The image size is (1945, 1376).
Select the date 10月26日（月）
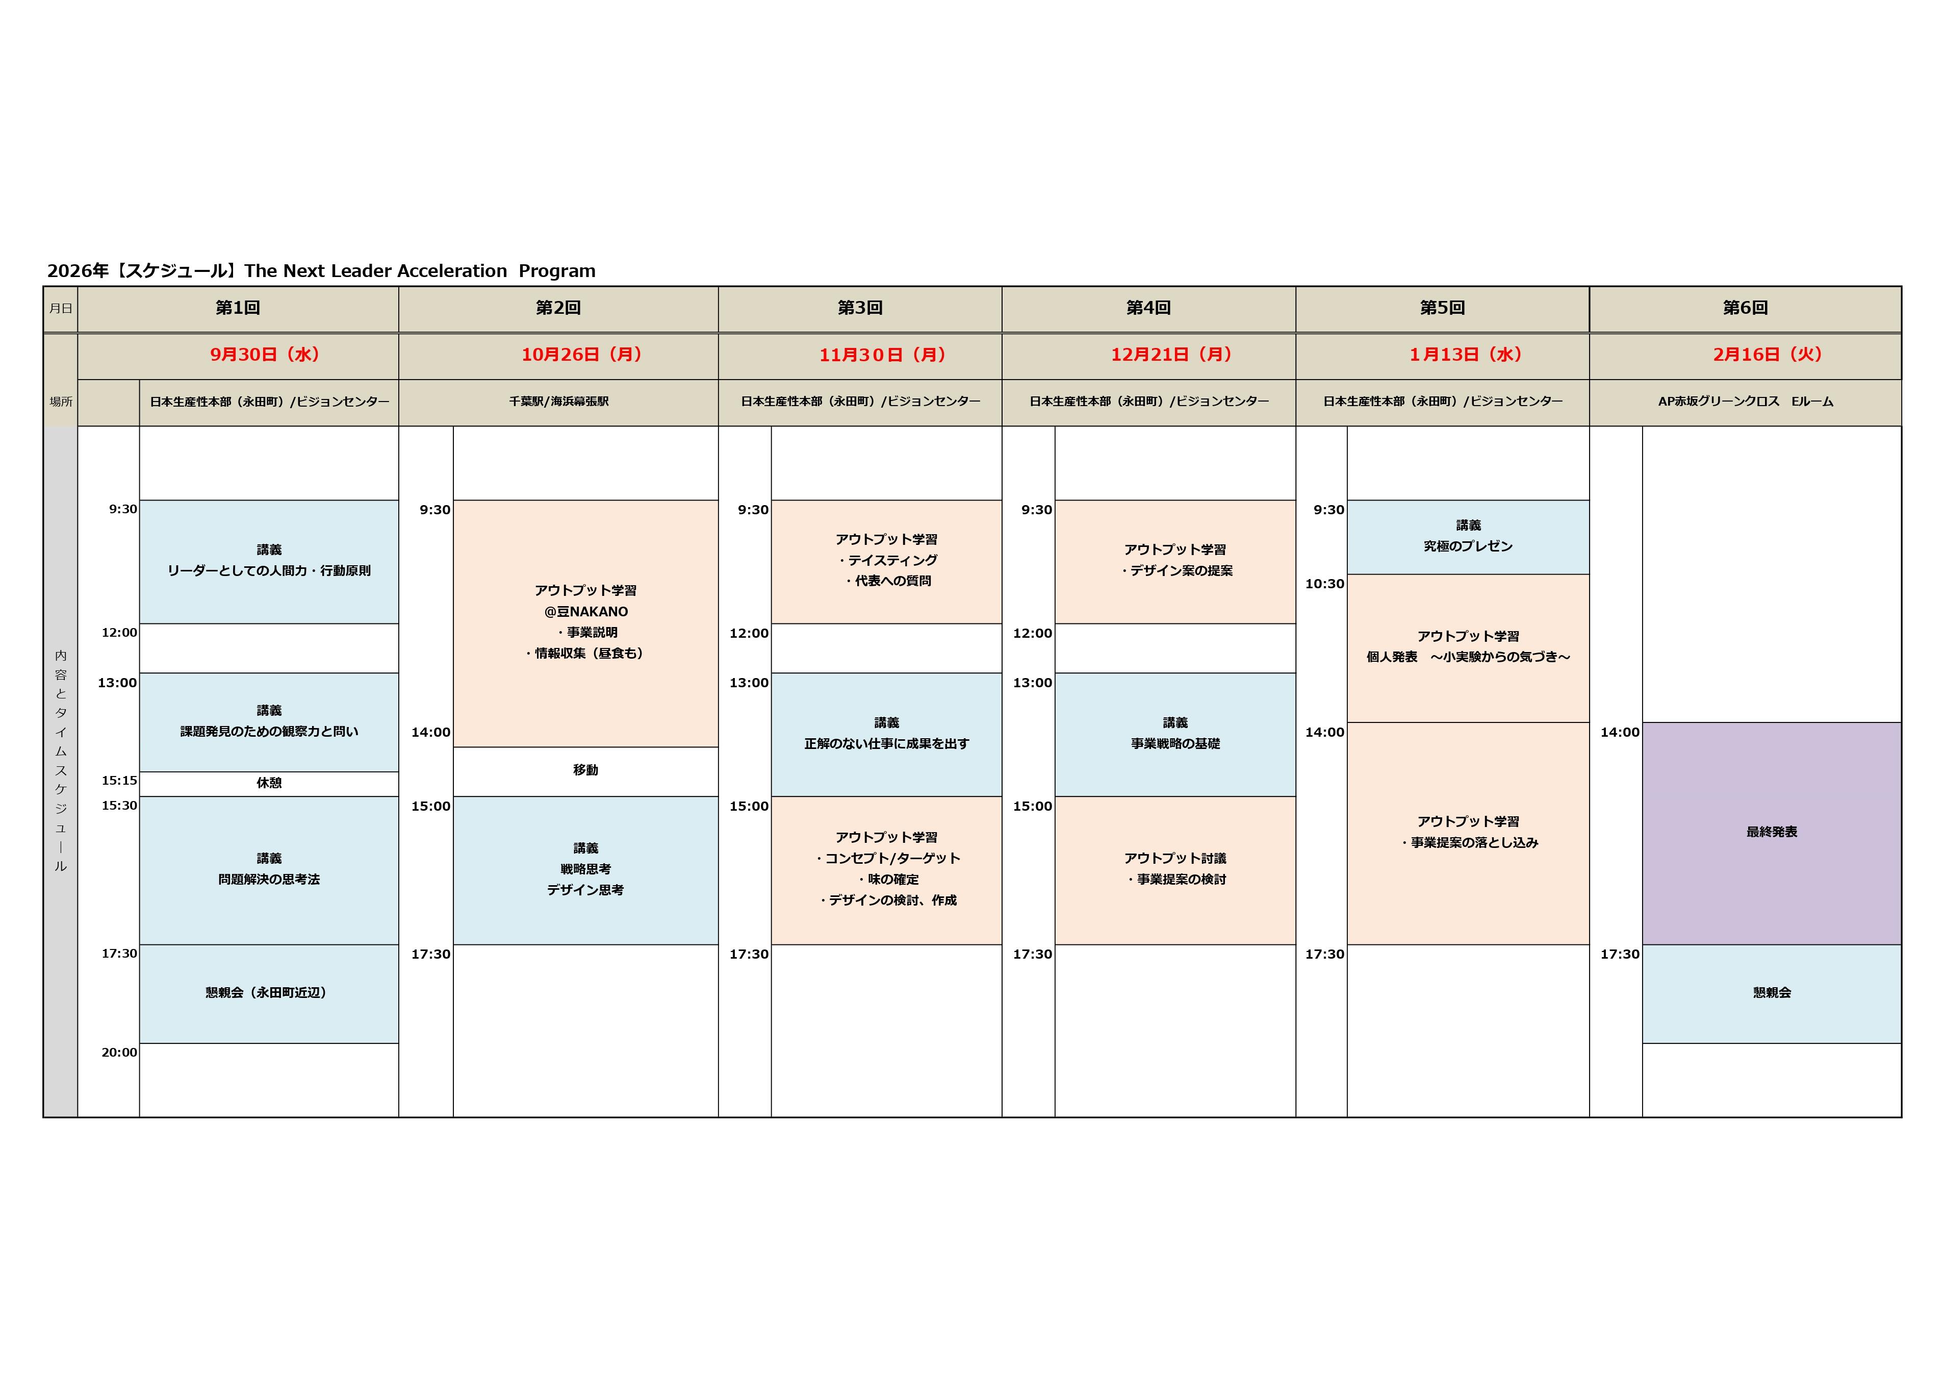[x=582, y=355]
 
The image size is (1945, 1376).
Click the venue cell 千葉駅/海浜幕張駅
[x=559, y=402]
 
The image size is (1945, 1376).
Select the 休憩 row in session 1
[x=269, y=784]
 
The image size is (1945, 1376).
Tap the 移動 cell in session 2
[x=585, y=771]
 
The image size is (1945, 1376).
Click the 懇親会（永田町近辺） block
[x=269, y=994]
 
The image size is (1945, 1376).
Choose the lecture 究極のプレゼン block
[x=1468, y=537]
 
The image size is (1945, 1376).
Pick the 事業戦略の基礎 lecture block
[x=1175, y=735]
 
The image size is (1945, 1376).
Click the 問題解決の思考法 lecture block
[x=269, y=870]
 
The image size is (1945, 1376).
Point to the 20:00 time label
[x=119, y=1053]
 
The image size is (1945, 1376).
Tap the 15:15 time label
[x=119, y=781]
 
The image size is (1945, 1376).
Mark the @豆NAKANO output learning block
[x=585, y=623]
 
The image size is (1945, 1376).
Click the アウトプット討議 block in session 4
[x=1175, y=870]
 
